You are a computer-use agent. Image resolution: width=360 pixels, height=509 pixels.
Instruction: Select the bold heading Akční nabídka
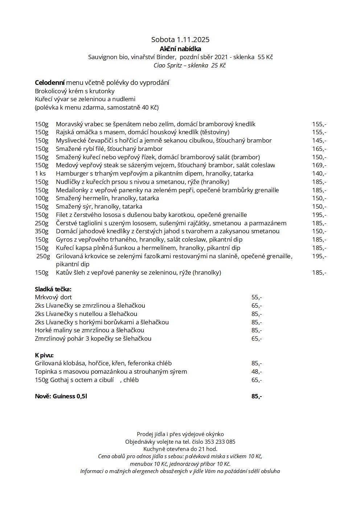click(180, 49)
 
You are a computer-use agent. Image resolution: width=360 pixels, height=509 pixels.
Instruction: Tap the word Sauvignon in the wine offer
click(103, 57)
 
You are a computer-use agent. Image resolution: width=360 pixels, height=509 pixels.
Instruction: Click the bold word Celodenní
click(49, 83)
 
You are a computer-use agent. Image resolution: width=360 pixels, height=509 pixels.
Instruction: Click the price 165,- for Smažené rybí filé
click(319, 149)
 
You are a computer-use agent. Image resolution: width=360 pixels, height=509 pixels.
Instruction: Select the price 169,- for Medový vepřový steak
click(319, 165)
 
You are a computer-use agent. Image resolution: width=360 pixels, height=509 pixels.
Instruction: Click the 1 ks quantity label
click(40, 173)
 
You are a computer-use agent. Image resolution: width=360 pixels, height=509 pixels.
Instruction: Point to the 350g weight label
click(41, 231)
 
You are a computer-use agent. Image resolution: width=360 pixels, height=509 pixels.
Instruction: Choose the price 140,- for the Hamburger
click(319, 173)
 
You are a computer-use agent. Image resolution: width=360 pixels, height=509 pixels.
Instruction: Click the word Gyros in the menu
click(64, 239)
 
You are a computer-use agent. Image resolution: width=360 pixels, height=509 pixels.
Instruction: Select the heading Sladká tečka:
click(53, 289)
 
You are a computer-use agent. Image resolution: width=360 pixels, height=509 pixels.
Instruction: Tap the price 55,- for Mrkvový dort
click(256, 297)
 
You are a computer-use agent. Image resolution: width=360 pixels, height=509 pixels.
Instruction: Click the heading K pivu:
click(44, 355)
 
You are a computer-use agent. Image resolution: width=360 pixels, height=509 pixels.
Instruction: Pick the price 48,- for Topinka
click(256, 372)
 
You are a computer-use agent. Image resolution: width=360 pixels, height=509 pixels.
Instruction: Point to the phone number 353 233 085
click(220, 442)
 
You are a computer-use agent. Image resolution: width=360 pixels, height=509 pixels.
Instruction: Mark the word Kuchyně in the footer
click(154, 449)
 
